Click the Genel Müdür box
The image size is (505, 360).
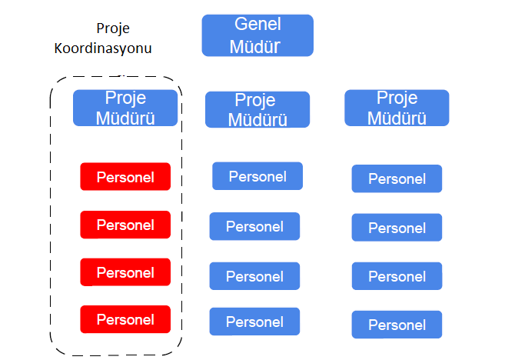(x=257, y=35)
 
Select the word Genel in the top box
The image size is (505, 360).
(x=257, y=24)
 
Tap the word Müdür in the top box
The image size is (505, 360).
(x=254, y=46)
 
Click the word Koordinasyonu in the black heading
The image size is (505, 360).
(x=103, y=48)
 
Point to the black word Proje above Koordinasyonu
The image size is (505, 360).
(x=113, y=28)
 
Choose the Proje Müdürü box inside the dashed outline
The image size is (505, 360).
(x=125, y=108)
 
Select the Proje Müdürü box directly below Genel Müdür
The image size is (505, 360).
(x=257, y=109)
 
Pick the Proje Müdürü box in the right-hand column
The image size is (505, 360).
(x=397, y=108)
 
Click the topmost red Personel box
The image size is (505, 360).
(x=125, y=177)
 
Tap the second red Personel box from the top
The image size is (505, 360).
(x=125, y=225)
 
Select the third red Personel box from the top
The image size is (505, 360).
(x=125, y=272)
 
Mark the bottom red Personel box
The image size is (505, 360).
(x=125, y=319)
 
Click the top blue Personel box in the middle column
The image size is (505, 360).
(x=257, y=176)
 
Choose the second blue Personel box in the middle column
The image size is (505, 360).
(x=254, y=226)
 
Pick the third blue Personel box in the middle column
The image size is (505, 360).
(x=254, y=276)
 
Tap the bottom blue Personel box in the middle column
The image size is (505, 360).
(x=254, y=322)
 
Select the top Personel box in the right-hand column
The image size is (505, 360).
(x=397, y=178)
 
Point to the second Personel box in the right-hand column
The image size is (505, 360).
(x=397, y=228)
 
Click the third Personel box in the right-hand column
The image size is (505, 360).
(x=397, y=276)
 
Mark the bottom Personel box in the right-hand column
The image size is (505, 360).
(x=397, y=325)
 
